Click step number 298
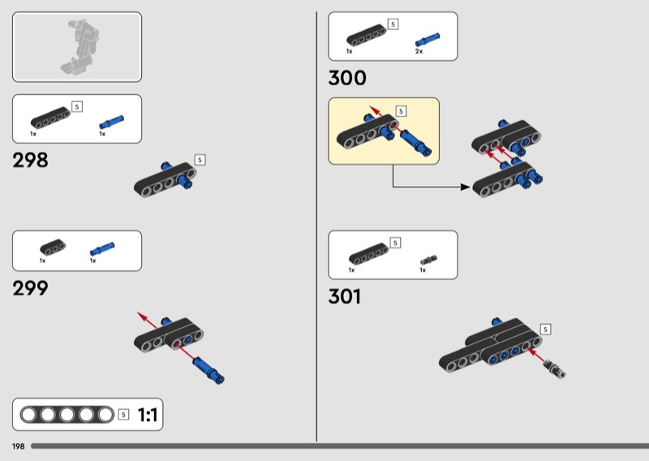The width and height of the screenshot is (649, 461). [x=30, y=160]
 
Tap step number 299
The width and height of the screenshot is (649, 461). [x=30, y=288]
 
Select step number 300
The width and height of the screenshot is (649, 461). [x=347, y=78]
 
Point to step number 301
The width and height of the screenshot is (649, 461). [x=344, y=296]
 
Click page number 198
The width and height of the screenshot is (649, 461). [x=18, y=446]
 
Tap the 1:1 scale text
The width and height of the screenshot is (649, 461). [x=147, y=415]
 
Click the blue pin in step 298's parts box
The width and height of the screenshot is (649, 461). [x=111, y=123]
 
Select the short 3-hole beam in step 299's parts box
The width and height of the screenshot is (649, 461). [x=53, y=247]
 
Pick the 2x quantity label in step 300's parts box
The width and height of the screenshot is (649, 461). [x=419, y=51]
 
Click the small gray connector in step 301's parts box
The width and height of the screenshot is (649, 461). [x=429, y=260]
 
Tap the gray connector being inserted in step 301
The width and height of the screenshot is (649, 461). [x=555, y=368]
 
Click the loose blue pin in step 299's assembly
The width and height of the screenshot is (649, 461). [x=208, y=370]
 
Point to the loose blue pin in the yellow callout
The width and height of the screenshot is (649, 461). [x=415, y=143]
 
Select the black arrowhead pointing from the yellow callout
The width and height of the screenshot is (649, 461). [x=465, y=187]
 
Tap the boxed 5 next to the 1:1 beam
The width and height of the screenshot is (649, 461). [x=123, y=415]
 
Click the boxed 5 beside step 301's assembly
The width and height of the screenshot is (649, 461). [x=545, y=330]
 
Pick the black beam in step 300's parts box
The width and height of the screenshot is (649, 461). [x=367, y=35]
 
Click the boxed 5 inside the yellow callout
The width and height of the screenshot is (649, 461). [x=401, y=111]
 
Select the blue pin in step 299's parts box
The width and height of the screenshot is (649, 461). [x=102, y=249]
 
